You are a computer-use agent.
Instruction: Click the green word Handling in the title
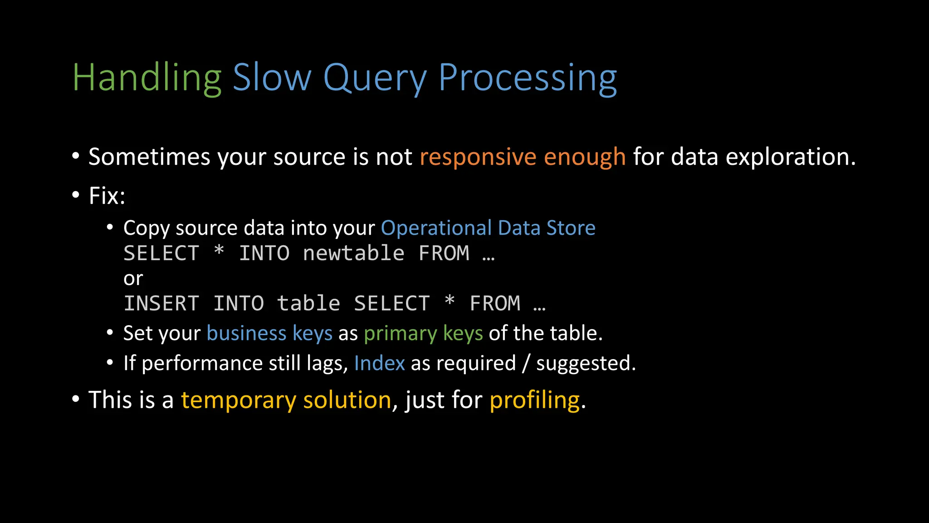(147, 78)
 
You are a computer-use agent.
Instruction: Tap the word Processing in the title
(527, 78)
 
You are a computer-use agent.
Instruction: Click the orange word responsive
(478, 157)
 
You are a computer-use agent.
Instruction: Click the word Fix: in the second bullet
(107, 196)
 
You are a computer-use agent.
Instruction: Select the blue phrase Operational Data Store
(488, 228)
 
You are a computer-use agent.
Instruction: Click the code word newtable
(353, 253)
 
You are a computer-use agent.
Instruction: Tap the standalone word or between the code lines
(133, 279)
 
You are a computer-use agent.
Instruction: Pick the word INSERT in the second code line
(161, 304)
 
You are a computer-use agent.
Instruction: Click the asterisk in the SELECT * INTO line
(219, 251)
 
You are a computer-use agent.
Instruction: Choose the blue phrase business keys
(269, 334)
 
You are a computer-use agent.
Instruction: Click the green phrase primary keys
(423, 334)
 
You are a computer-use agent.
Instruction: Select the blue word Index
(379, 363)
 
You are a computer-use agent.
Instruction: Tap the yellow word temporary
(239, 400)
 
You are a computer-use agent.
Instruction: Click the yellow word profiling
(534, 400)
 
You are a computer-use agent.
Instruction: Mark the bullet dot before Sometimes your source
(76, 157)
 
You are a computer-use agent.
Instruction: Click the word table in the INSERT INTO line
(308, 304)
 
